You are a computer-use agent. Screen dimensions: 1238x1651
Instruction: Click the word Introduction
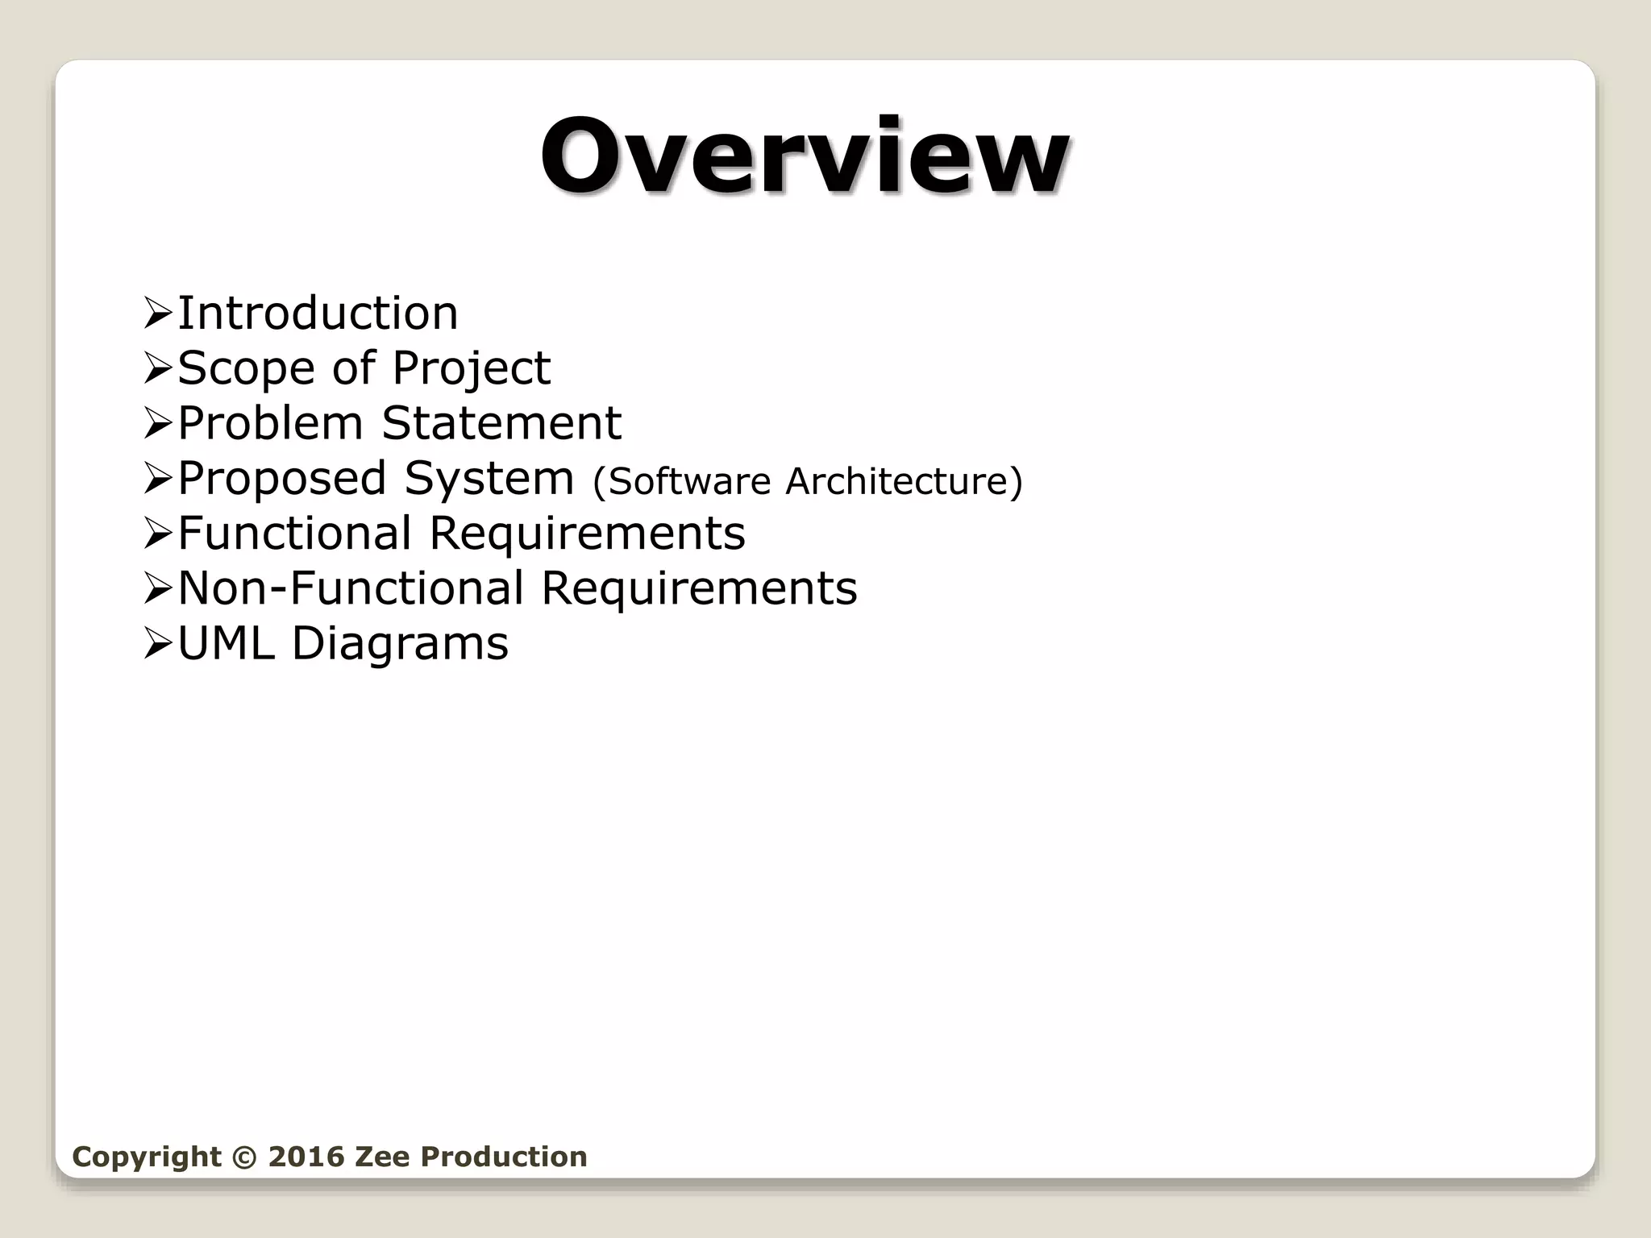tap(318, 313)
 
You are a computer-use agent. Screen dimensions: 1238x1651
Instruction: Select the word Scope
tap(246, 368)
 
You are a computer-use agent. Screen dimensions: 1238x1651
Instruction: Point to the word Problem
tap(270, 423)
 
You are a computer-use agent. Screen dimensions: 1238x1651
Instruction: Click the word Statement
tap(501, 423)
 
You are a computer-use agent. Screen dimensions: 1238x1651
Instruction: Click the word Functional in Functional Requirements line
tap(294, 534)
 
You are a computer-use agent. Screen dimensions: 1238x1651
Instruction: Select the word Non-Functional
tap(351, 588)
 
